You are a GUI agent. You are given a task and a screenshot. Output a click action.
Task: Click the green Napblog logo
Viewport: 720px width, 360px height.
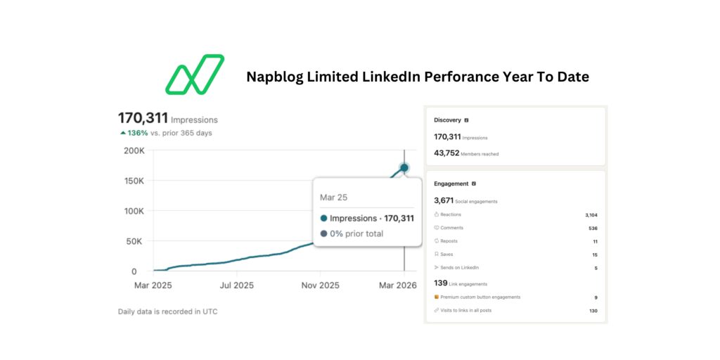(195, 74)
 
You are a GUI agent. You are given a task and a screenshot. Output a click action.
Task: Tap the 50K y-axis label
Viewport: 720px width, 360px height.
(136, 241)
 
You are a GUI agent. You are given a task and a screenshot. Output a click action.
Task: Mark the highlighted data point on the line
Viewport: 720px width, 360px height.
(404, 167)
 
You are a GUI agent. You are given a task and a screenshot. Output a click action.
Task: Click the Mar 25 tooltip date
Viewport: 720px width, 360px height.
(333, 198)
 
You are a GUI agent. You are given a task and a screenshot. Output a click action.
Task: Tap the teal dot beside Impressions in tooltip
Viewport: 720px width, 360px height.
(323, 218)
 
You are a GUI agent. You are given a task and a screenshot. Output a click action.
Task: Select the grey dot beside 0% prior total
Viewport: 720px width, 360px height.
(323, 233)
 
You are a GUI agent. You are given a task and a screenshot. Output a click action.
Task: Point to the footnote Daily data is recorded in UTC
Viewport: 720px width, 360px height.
(167, 311)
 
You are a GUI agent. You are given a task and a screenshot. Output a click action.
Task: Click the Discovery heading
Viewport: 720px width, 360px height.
(448, 120)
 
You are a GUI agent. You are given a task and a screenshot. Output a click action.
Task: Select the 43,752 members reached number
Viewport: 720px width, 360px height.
(446, 153)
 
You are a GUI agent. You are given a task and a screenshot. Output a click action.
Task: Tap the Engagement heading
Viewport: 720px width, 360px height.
(451, 184)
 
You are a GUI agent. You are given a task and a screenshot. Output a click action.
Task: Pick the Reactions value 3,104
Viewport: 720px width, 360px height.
(591, 214)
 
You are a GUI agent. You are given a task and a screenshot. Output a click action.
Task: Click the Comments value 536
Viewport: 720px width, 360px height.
(593, 228)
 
